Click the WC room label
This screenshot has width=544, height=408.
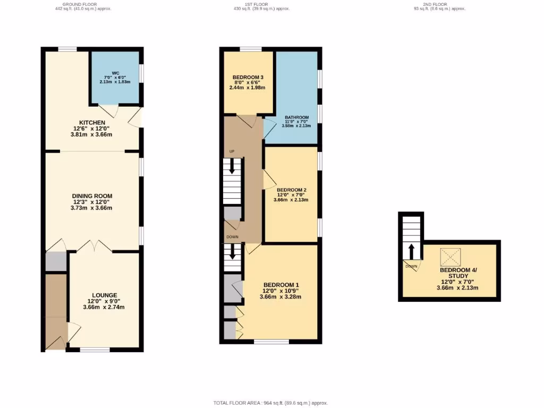click(115, 73)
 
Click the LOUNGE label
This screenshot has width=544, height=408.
click(105, 295)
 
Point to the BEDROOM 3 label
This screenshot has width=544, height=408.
click(248, 78)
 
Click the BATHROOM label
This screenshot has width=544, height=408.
click(296, 117)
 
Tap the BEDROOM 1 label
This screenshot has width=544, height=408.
click(280, 285)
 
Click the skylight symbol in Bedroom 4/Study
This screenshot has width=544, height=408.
click(450, 258)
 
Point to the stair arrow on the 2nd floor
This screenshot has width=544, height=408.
click(411, 251)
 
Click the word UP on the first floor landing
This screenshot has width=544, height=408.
click(232, 151)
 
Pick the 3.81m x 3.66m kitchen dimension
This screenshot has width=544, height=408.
click(92, 135)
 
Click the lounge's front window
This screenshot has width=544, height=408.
click(95, 350)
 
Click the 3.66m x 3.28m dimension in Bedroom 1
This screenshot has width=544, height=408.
click(280, 297)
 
